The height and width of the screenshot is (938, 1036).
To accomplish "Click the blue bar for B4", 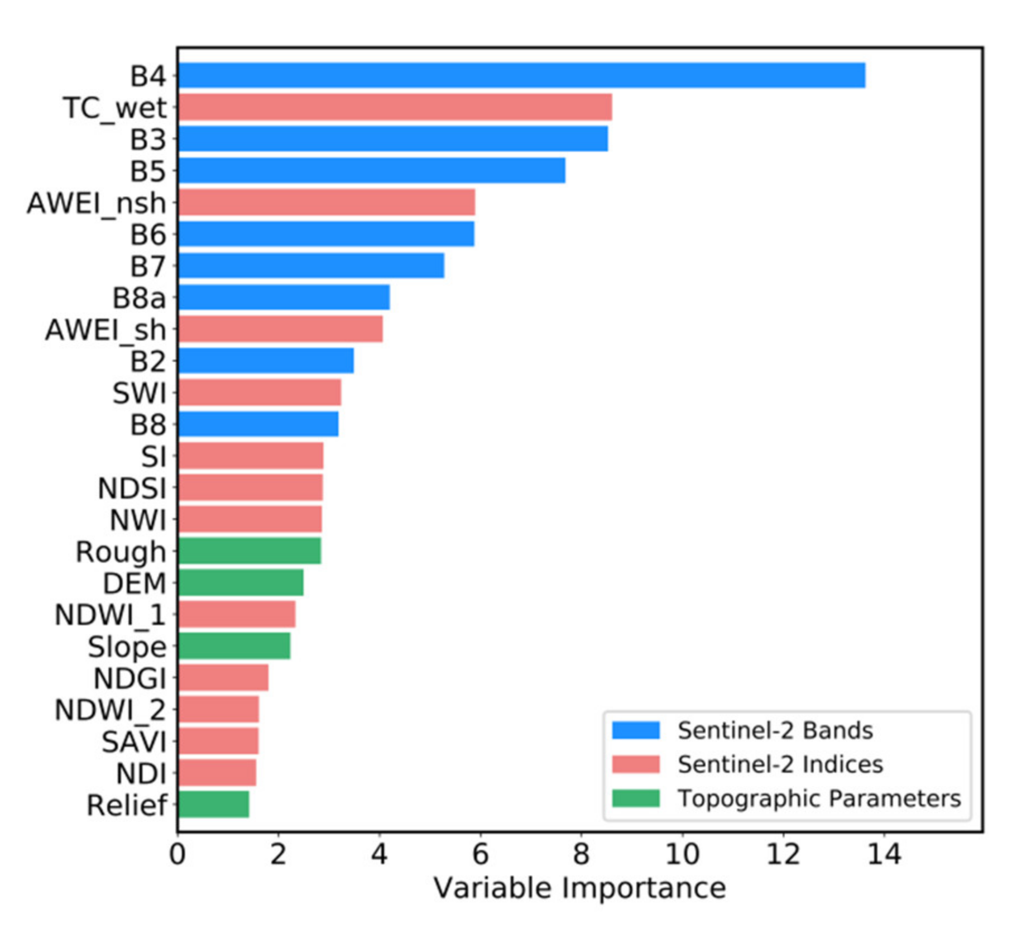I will [x=521, y=75].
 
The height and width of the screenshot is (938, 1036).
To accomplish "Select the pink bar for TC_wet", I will [x=395, y=107].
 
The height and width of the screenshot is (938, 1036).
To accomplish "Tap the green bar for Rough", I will [x=249, y=551].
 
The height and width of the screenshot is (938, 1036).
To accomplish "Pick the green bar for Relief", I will [x=213, y=805].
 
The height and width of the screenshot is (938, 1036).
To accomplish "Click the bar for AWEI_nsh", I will [x=327, y=202].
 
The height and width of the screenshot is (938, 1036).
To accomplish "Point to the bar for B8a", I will [x=284, y=297].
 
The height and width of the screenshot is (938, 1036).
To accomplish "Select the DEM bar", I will [x=241, y=583].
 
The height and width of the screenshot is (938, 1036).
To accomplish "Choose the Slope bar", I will [x=234, y=647].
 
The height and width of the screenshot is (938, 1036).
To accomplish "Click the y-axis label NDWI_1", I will [x=111, y=615].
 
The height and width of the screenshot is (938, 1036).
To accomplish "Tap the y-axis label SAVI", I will [x=134, y=742].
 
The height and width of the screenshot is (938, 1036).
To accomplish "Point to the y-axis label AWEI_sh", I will [x=105, y=329].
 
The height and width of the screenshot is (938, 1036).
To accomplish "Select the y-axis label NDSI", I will [x=132, y=489].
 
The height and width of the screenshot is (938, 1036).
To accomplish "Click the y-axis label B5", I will [x=148, y=171].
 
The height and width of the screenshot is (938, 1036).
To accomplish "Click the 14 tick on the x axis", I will [x=884, y=854].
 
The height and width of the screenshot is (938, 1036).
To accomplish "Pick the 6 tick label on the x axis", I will [x=480, y=854].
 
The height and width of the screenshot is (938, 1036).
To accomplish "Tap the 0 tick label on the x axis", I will [x=178, y=854].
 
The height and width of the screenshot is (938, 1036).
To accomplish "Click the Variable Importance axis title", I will [x=579, y=888].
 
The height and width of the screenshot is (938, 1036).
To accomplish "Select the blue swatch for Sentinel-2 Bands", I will [x=636, y=730].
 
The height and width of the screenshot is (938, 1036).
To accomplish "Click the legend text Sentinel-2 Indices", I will [x=780, y=764].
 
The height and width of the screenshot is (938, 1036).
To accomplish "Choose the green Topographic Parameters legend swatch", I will [x=636, y=798].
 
